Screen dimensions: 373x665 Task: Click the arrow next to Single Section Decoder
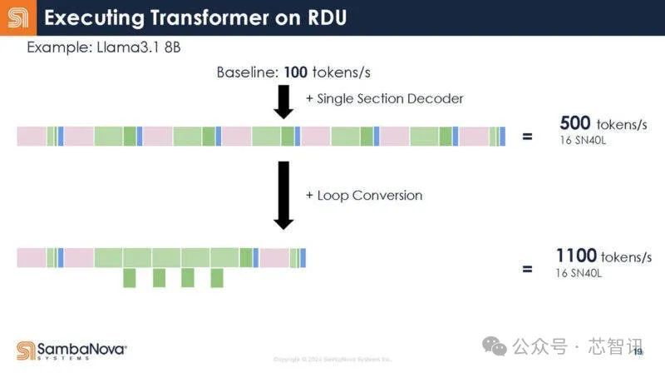(x=283, y=102)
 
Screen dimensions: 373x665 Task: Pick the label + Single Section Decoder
(x=384, y=98)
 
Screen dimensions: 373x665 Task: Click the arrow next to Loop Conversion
(x=283, y=196)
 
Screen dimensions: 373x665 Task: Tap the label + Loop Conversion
(x=364, y=196)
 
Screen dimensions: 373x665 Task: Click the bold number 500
(x=576, y=123)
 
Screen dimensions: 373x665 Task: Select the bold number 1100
(x=575, y=256)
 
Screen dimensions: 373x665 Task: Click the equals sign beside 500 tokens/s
(x=527, y=135)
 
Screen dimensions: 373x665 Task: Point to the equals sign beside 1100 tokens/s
(x=527, y=269)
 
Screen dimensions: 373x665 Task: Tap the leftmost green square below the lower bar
(x=129, y=278)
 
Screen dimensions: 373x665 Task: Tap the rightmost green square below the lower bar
(x=217, y=278)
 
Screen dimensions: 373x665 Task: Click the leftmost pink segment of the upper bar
(x=32, y=136)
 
